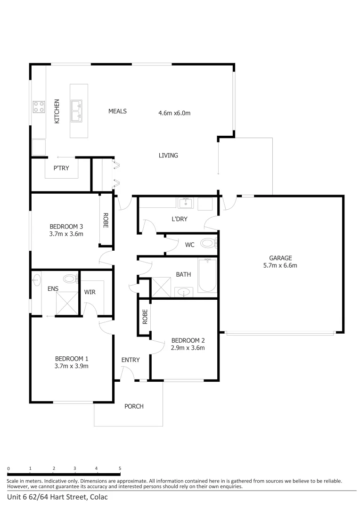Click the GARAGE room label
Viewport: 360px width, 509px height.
pos(280,258)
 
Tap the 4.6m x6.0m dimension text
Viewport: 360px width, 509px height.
pos(174,113)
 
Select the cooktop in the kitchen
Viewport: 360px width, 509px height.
pos(39,107)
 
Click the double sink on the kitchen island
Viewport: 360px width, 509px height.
pos(76,110)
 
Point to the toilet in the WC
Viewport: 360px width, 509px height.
pos(208,244)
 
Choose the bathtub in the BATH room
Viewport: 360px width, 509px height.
pos(207,276)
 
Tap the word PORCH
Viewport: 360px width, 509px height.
pos(134,406)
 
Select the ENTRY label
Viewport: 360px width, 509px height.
pos(131,360)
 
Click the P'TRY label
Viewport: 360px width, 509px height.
pos(61,168)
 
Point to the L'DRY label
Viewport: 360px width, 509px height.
pos(180,219)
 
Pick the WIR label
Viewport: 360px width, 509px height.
pos(90,292)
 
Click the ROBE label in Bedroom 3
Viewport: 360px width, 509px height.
pos(106,220)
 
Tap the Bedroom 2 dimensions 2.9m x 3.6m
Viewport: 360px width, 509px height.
pos(188,348)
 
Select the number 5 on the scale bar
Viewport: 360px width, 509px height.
pos(120,468)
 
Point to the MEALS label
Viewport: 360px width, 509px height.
pos(118,111)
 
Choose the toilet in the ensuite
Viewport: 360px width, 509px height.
pos(70,279)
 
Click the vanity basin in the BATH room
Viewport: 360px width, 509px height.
pos(183,292)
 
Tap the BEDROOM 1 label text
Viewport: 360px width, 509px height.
pos(72,358)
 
